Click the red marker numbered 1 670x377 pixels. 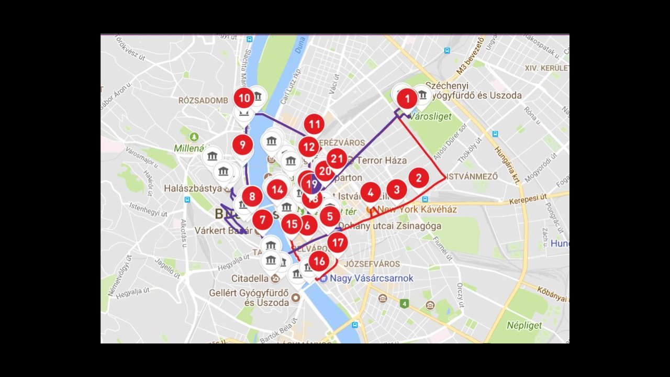[x=407, y=98]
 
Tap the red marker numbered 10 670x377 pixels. [x=244, y=98]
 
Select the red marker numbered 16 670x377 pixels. [x=319, y=261]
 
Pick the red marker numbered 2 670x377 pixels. [x=418, y=178]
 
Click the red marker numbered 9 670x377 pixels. [x=242, y=145]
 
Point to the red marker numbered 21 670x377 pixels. [x=337, y=158]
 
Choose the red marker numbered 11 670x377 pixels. [x=314, y=125]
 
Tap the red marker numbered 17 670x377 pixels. [x=338, y=242]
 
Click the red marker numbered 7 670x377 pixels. [x=263, y=220]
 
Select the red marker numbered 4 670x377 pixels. [x=371, y=193]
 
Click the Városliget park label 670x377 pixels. [x=430, y=117]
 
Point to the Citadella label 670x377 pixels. [x=250, y=279]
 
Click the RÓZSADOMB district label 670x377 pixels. [x=203, y=101]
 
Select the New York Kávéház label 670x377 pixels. [x=417, y=209]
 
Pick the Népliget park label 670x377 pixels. [x=524, y=325]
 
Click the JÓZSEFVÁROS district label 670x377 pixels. [x=372, y=264]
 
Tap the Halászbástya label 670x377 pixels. [x=193, y=188]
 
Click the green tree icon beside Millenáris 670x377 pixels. [x=194, y=137]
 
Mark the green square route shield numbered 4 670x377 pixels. [x=404, y=304]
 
